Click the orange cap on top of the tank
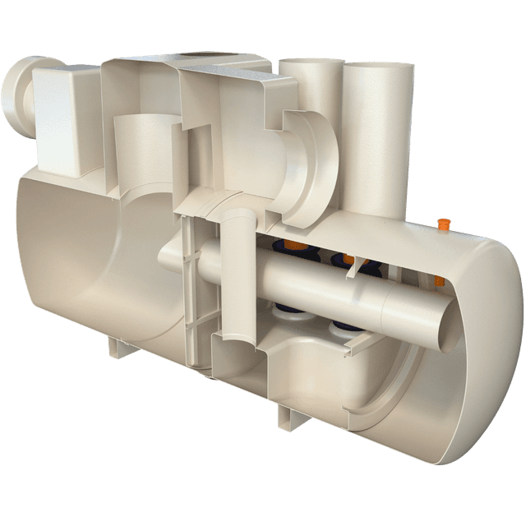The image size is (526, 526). point(445,223)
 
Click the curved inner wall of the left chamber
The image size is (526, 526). point(74,255)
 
